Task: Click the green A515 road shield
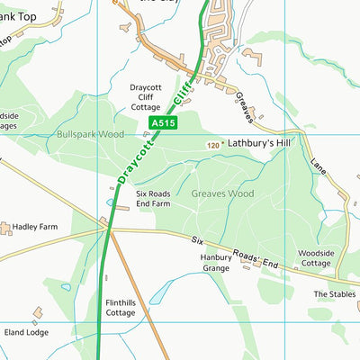click(x=163, y=122)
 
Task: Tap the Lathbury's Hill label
click(x=259, y=143)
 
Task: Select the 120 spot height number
click(x=211, y=145)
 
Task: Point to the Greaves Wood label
click(x=222, y=193)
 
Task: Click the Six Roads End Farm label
click(x=153, y=199)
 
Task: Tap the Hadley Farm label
click(x=35, y=227)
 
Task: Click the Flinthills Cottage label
click(x=120, y=308)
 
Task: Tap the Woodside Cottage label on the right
click(x=316, y=258)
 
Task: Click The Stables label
click(x=335, y=294)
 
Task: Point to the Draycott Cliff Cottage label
click(x=145, y=97)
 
